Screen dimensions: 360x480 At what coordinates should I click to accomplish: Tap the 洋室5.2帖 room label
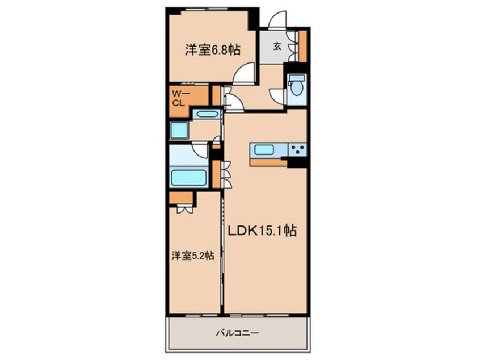pos(193,256)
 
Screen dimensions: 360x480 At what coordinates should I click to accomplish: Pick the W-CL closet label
pos(179,99)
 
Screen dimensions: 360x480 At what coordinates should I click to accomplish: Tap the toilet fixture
pos(295,87)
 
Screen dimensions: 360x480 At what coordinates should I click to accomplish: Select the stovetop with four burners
pos(297,150)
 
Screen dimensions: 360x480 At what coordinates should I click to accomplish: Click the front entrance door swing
pos(279,22)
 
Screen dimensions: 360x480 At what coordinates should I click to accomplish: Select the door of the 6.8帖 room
pos(245,74)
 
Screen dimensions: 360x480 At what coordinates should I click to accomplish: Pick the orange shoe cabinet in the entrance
pos(303,46)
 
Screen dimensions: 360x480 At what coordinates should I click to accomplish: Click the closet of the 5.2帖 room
pos(181,198)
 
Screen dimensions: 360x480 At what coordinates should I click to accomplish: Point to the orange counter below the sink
pos(267,162)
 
